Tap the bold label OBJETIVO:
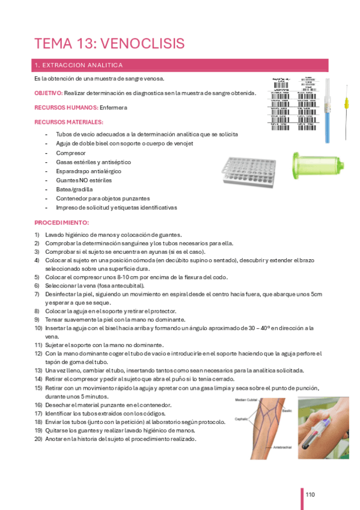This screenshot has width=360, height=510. pyautogui.click(x=48, y=93)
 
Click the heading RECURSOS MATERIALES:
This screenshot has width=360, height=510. pyautogui.click(x=69, y=122)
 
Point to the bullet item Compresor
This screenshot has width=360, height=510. pyautogui.click(x=71, y=153)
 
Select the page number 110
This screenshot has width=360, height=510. pyautogui.click(x=310, y=495)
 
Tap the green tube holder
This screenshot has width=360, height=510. pyautogui.click(x=313, y=166)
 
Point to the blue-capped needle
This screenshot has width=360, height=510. pyautogui.click(x=328, y=112)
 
